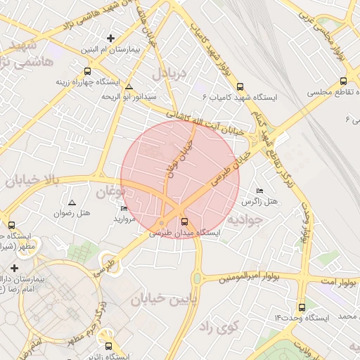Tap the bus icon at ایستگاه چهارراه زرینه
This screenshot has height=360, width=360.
click(x=87, y=70)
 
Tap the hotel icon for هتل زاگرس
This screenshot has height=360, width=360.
click(x=259, y=191)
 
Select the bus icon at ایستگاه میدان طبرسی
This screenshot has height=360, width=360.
click(x=185, y=222)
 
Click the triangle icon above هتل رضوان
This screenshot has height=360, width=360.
click(x=72, y=202)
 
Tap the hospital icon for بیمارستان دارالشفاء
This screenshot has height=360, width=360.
click(x=15, y=268)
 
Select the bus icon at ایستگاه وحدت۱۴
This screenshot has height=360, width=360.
click(x=302, y=307)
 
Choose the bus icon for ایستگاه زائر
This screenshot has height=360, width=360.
click(x=108, y=346)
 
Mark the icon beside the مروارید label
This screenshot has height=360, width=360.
click(x=124, y=208)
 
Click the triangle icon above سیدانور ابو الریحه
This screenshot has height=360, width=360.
click(x=129, y=86)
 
